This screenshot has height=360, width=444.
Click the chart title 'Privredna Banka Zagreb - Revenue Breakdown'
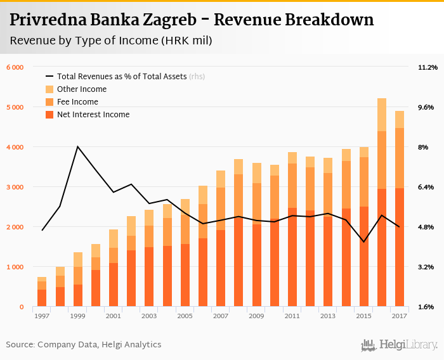click(x=192, y=20)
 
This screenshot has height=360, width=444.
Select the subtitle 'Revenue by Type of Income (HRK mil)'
click(x=111, y=41)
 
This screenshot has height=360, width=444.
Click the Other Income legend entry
click(x=81, y=89)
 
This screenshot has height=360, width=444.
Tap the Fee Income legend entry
click(x=77, y=102)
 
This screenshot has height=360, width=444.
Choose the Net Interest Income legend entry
click(x=93, y=115)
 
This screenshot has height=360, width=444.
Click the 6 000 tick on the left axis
click(x=15, y=67)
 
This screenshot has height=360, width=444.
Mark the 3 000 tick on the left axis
click(x=15, y=187)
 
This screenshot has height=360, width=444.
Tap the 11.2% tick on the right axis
click(x=428, y=67)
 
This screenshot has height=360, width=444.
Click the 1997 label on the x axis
click(x=42, y=316)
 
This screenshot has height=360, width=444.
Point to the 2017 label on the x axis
click(x=400, y=316)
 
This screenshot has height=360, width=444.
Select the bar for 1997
click(x=42, y=292)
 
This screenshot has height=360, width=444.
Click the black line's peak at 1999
click(x=77, y=146)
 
